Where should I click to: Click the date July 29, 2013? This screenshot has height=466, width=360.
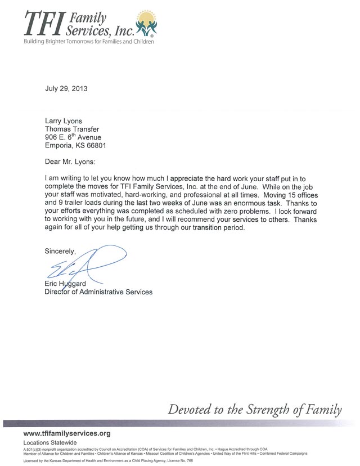66,88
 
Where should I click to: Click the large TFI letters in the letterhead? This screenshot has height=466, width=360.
43,23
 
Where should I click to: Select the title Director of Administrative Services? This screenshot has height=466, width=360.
98,292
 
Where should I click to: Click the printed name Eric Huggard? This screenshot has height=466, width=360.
65,284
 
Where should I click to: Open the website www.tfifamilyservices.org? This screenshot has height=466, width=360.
67,433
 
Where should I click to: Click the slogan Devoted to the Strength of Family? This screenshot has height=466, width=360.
255,409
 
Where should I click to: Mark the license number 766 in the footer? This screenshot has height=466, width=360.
190,460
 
